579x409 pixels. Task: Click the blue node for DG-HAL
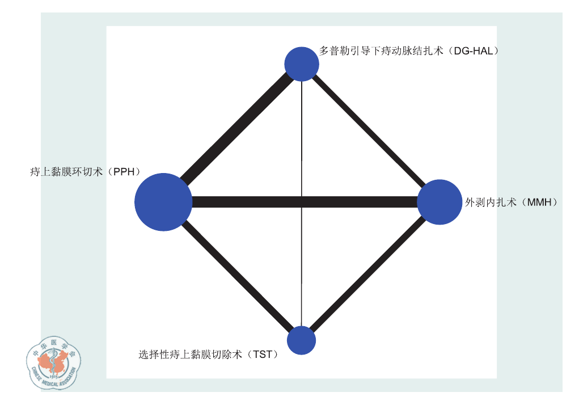(x=302, y=64)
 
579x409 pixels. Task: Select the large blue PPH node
(x=163, y=202)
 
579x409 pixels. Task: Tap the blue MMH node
(x=439, y=202)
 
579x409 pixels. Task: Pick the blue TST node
(x=301, y=340)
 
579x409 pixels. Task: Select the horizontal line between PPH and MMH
(x=305, y=202)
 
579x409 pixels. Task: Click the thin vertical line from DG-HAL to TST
(x=302, y=204)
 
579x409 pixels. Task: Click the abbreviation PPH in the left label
(x=124, y=172)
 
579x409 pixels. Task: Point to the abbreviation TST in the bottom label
(x=263, y=355)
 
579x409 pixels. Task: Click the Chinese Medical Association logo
(x=54, y=362)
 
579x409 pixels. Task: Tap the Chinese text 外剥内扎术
(x=491, y=202)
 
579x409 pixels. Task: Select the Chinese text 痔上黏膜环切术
(x=66, y=172)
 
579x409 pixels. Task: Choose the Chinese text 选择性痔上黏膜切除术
(x=190, y=355)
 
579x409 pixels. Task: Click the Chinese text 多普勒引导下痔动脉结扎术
(x=381, y=51)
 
